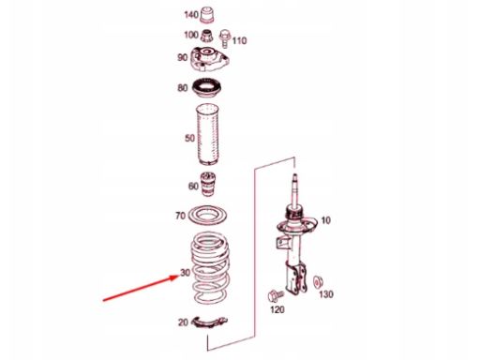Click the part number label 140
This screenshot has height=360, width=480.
(x=190, y=16)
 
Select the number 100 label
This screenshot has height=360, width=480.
(x=190, y=35)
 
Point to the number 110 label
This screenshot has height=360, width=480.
(x=239, y=41)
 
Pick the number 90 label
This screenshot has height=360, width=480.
(x=183, y=58)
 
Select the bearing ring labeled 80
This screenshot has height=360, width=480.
(x=208, y=91)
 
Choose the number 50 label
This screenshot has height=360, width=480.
(x=190, y=139)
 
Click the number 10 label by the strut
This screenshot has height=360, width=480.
(x=326, y=221)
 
